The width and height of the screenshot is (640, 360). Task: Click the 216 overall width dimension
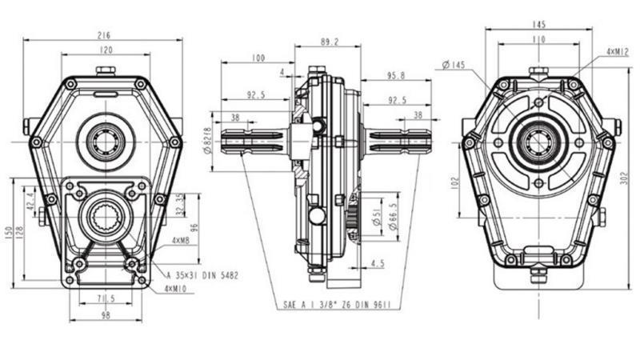(x=105, y=34)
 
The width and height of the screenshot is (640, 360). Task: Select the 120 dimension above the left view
(x=105, y=50)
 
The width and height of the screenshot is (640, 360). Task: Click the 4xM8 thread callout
(x=180, y=239)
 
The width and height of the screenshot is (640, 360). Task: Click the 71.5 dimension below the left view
(x=105, y=298)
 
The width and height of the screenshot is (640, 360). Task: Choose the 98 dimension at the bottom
(x=105, y=316)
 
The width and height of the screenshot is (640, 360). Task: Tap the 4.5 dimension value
(x=377, y=262)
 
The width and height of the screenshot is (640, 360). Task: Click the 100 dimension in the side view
(x=257, y=58)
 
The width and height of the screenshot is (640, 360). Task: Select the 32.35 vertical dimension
(x=179, y=204)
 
